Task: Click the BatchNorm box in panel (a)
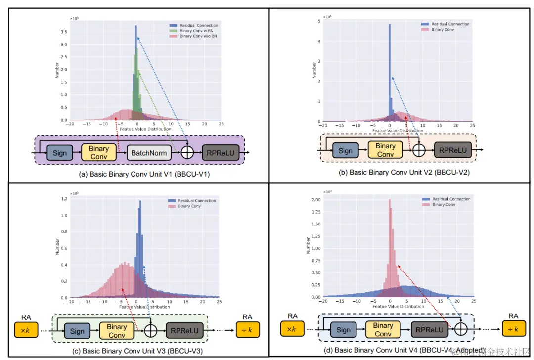point(149,153)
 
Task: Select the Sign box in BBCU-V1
point(60,153)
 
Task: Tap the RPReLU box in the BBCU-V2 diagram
point(453,149)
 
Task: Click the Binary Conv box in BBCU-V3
point(117,331)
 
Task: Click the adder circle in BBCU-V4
point(461,329)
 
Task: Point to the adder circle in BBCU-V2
point(419,149)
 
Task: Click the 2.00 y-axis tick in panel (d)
point(316,200)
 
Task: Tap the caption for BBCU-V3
point(131,351)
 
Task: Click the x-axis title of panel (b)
point(398,131)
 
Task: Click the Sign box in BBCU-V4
point(343,329)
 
